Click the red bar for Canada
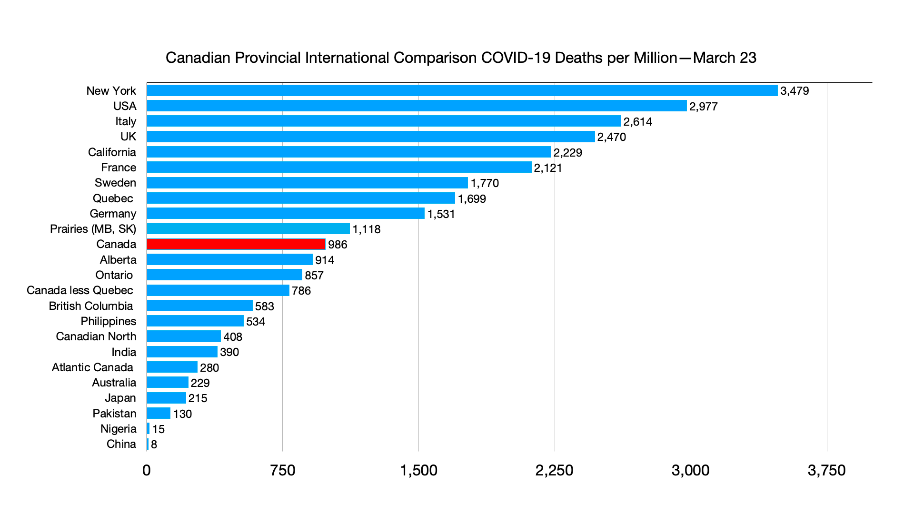point(236,244)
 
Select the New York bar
point(462,90)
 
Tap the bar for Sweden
point(307,183)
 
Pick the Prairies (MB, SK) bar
point(248,229)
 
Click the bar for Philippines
point(195,321)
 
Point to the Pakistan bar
point(159,413)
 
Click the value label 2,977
point(703,107)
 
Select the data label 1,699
point(472,199)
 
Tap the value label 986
point(338,245)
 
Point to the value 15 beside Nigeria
point(159,429)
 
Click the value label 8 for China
point(154,445)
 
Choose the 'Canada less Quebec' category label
point(80,290)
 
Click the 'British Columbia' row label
point(91,306)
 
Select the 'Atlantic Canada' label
point(92,367)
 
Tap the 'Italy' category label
point(126,121)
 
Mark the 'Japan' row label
point(120,398)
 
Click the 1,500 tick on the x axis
point(418,471)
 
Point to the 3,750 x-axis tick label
point(826,471)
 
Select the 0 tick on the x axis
point(147,471)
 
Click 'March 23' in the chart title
point(725,58)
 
